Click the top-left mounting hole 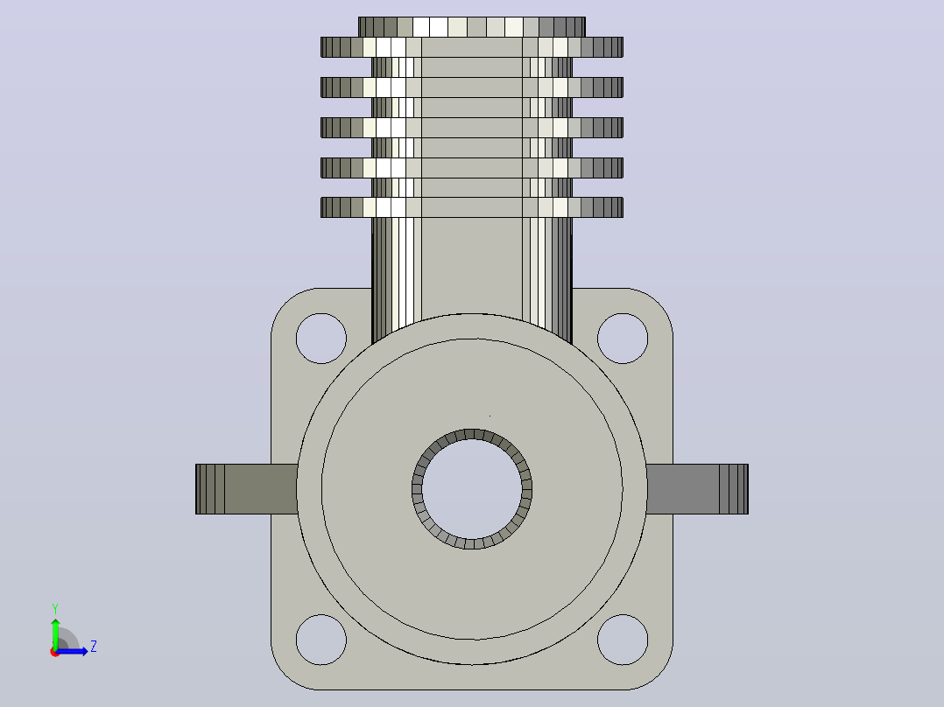pos(321,338)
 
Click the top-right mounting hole pos(623,338)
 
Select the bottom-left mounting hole pos(321,640)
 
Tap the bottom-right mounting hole pos(623,640)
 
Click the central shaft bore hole pos(472,488)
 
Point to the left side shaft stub pos(246,488)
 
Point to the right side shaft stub pos(697,488)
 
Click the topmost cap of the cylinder pos(472,27)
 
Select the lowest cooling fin pos(472,207)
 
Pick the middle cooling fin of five pos(472,128)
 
